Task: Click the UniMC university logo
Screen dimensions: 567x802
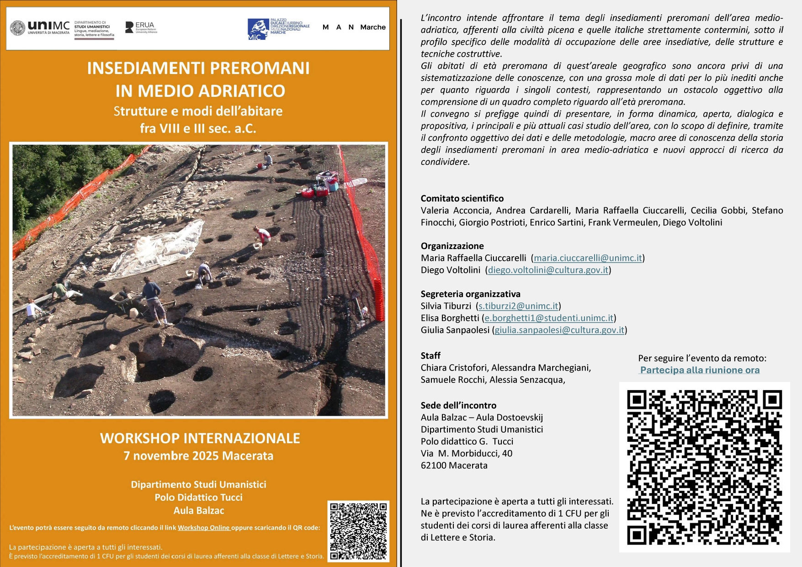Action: [40, 28]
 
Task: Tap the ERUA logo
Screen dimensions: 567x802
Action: [141, 27]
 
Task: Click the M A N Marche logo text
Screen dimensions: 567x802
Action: [354, 27]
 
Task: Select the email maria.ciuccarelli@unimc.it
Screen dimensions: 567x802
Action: [588, 258]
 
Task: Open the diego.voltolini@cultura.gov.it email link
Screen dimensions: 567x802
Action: [548, 270]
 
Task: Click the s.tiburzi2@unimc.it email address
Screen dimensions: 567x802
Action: [518, 306]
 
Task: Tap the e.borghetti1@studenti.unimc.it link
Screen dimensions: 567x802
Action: [549, 318]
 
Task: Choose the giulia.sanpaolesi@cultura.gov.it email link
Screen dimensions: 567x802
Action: [559, 330]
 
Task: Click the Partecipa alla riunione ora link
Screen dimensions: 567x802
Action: [700, 370]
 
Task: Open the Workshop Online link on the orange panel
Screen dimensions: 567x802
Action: [203, 528]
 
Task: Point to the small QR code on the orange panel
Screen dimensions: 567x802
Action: [358, 531]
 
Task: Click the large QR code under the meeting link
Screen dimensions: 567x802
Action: [704, 467]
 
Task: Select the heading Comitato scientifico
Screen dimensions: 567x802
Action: [462, 199]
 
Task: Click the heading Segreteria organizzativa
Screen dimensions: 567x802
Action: [470, 294]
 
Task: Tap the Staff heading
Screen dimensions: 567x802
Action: [430, 355]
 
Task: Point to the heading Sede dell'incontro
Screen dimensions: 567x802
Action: [458, 405]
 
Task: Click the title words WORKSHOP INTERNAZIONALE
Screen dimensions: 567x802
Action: [200, 438]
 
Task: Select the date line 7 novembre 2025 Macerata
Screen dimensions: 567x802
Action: [198, 456]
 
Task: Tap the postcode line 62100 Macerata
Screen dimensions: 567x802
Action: [454, 466]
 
